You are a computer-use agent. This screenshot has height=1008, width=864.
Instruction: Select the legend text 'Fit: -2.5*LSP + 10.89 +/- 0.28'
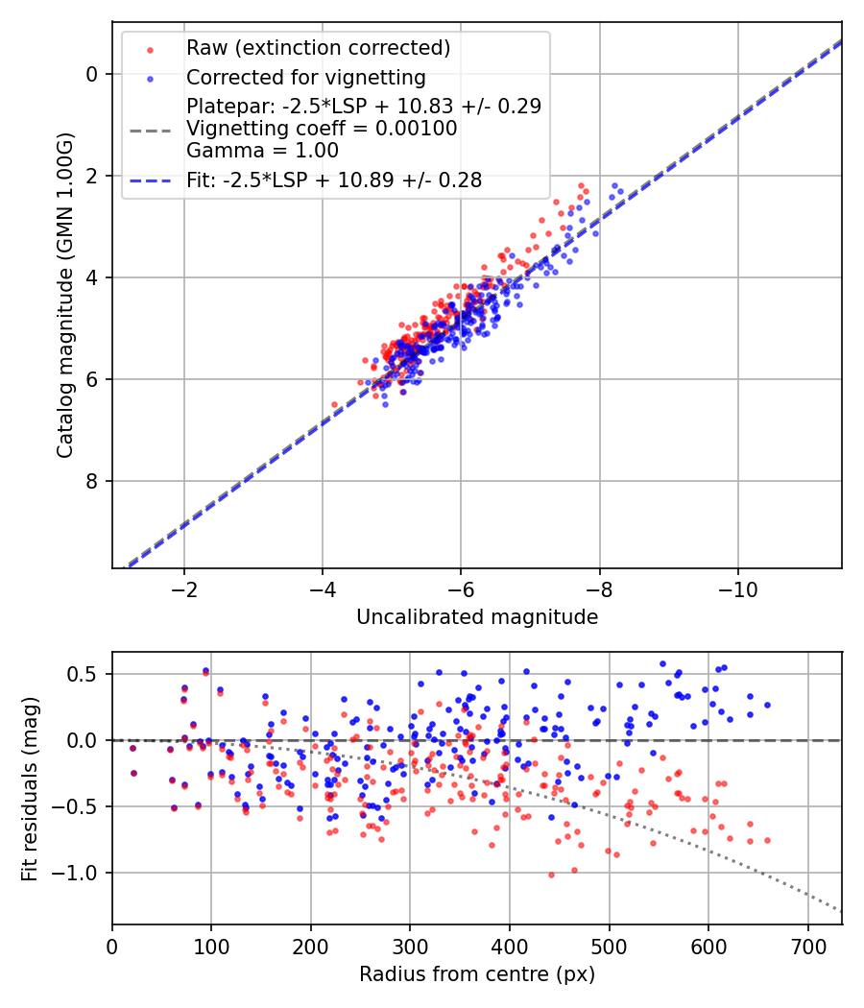point(334,180)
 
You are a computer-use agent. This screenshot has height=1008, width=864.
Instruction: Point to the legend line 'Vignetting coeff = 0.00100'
point(322,128)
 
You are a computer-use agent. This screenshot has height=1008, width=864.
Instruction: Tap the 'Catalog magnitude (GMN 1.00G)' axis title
point(64,295)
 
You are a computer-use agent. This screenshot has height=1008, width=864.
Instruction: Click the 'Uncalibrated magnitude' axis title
point(477,617)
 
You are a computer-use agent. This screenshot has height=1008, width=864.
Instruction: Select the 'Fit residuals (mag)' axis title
point(30,788)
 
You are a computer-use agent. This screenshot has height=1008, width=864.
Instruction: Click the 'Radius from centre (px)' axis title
point(477,974)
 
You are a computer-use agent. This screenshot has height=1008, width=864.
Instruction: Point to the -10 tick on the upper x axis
point(737,587)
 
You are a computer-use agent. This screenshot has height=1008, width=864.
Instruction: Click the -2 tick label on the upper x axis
point(184,587)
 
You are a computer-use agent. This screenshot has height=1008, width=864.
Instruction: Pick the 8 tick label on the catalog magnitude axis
point(93,481)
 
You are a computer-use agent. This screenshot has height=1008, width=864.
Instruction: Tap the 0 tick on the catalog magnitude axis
point(93,74)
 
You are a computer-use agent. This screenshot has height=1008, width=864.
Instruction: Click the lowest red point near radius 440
point(551,875)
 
